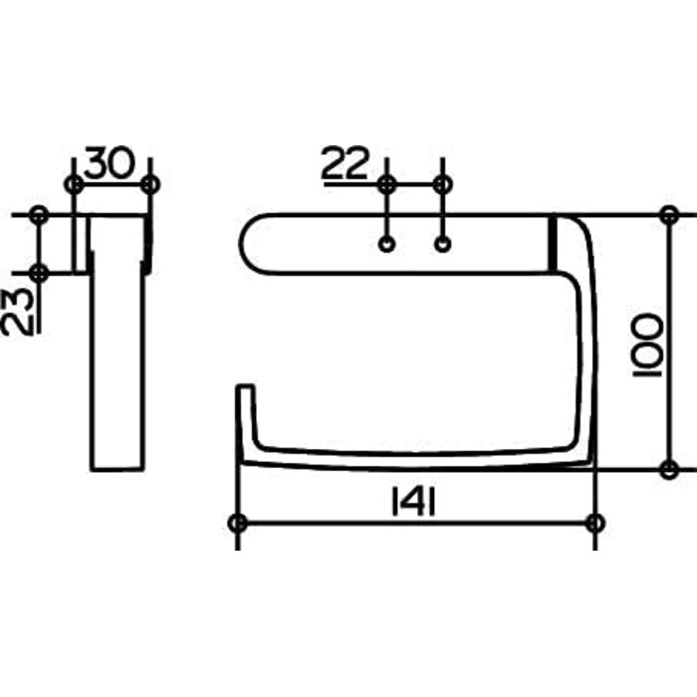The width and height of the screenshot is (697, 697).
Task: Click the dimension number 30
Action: (109, 162)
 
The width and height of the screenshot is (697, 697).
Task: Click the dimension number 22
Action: (346, 162)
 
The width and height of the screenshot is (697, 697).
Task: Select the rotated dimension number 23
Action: (18, 311)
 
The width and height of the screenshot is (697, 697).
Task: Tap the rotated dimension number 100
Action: (647, 345)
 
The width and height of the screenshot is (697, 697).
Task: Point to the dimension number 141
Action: (413, 502)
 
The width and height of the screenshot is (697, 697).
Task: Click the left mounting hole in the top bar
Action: (386, 245)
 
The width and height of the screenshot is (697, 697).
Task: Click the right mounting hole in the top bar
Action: (442, 245)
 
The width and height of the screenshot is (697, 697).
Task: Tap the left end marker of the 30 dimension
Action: (74, 184)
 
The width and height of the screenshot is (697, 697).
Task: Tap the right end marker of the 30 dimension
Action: (150, 184)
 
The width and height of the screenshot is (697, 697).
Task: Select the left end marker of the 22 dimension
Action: (387, 184)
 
